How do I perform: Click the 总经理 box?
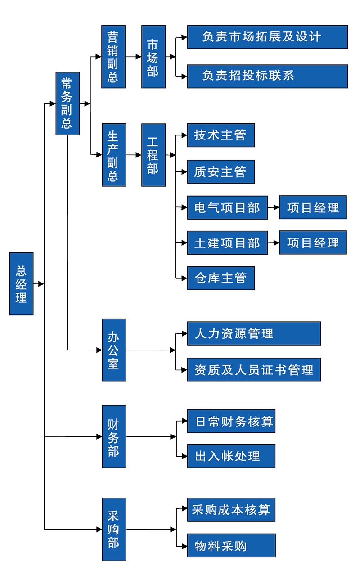(x=21, y=283)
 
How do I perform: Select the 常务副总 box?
(x=67, y=103)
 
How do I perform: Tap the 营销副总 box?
(x=113, y=57)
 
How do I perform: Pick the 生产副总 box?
(x=113, y=155)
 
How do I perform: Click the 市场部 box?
(x=153, y=57)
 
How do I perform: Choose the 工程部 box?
(x=153, y=155)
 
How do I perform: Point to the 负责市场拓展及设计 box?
(x=267, y=37)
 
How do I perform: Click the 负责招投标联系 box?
(x=267, y=76)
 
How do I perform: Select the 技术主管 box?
(x=220, y=135)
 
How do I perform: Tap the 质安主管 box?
(x=220, y=171)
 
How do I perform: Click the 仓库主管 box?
(x=220, y=278)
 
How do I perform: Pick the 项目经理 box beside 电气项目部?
(x=313, y=207)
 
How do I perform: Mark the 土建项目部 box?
(x=227, y=243)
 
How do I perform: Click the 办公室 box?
(x=114, y=350)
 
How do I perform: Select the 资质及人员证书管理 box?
(x=254, y=370)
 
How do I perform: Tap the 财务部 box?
(x=114, y=436)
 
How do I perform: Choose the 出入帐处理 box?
(x=231, y=456)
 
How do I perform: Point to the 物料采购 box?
(x=231, y=545)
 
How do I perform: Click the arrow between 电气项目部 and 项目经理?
(x=273, y=207)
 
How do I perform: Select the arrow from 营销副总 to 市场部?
(x=133, y=57)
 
